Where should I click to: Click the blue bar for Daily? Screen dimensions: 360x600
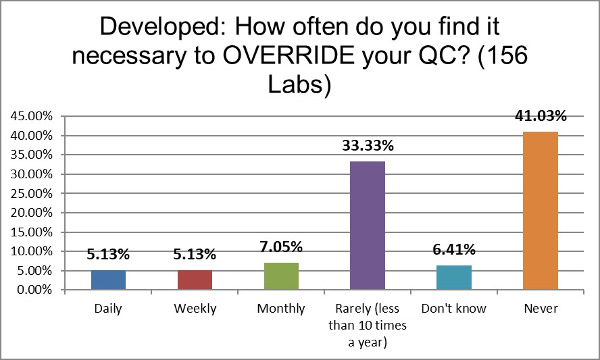(x=108, y=280)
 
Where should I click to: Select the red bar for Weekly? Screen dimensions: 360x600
(x=195, y=280)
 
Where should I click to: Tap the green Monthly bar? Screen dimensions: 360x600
(x=281, y=276)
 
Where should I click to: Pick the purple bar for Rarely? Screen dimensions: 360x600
(x=367, y=226)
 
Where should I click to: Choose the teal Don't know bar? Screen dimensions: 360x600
(x=453, y=278)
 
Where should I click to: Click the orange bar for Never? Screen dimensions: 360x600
(x=540, y=211)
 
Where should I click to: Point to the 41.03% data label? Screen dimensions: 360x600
(x=540, y=115)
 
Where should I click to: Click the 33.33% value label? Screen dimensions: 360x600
(x=367, y=145)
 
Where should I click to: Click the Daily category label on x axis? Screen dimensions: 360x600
(x=108, y=309)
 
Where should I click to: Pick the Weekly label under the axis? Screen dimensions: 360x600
(x=195, y=309)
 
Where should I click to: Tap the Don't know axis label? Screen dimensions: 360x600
(x=453, y=309)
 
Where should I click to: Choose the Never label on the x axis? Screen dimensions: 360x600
(x=540, y=309)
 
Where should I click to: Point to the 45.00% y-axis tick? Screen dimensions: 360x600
(x=32, y=116)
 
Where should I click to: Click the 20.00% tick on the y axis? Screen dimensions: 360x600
(x=32, y=213)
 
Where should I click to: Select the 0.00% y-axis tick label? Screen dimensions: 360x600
(x=34, y=290)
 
